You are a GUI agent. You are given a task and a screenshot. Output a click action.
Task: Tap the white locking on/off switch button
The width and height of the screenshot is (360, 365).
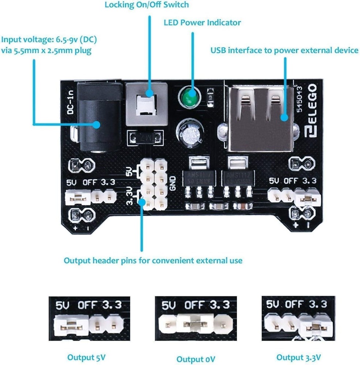tap(146, 104)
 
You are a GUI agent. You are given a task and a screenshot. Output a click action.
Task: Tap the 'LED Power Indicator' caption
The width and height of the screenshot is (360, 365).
tap(202, 23)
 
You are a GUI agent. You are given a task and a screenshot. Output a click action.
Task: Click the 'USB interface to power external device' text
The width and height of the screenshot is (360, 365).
tap(284, 50)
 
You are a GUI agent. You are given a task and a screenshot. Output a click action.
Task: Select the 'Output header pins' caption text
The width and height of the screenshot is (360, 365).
tap(153, 261)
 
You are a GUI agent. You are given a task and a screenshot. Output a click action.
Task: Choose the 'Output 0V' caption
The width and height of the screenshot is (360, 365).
tap(196, 358)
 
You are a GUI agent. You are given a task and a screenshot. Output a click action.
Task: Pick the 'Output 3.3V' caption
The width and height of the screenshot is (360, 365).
tap(299, 357)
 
